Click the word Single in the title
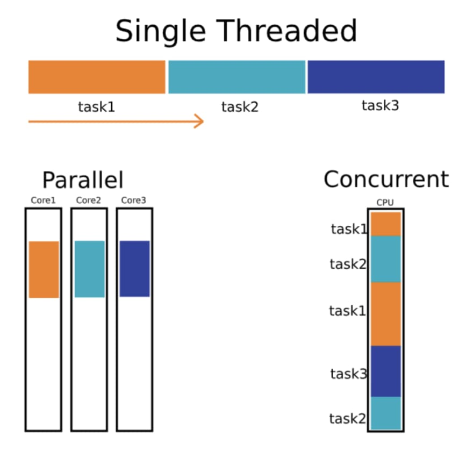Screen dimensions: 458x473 pos(160,31)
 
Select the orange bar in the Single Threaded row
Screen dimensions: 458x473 pos(97,77)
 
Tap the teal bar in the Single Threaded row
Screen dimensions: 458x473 pos(236,77)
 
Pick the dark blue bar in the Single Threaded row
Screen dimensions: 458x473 pos(376,77)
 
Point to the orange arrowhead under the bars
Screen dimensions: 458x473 pos(199,121)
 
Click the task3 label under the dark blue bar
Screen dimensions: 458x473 pos(380,105)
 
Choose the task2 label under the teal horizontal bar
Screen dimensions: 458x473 pos(240,107)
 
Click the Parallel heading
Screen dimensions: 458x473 pos(83,181)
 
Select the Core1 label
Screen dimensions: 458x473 pos(43,201)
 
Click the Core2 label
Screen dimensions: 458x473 pos(89,201)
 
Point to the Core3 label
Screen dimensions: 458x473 pos(134,201)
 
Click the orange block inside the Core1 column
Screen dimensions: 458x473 pos(44,269)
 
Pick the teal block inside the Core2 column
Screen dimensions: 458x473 pos(89,269)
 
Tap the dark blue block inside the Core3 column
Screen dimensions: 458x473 pos(134,268)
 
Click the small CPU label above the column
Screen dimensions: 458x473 pos(385,203)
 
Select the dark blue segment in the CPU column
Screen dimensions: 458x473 pos(385,371)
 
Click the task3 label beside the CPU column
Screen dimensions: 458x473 pos(348,374)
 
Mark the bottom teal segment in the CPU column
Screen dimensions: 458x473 pos(385,413)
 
